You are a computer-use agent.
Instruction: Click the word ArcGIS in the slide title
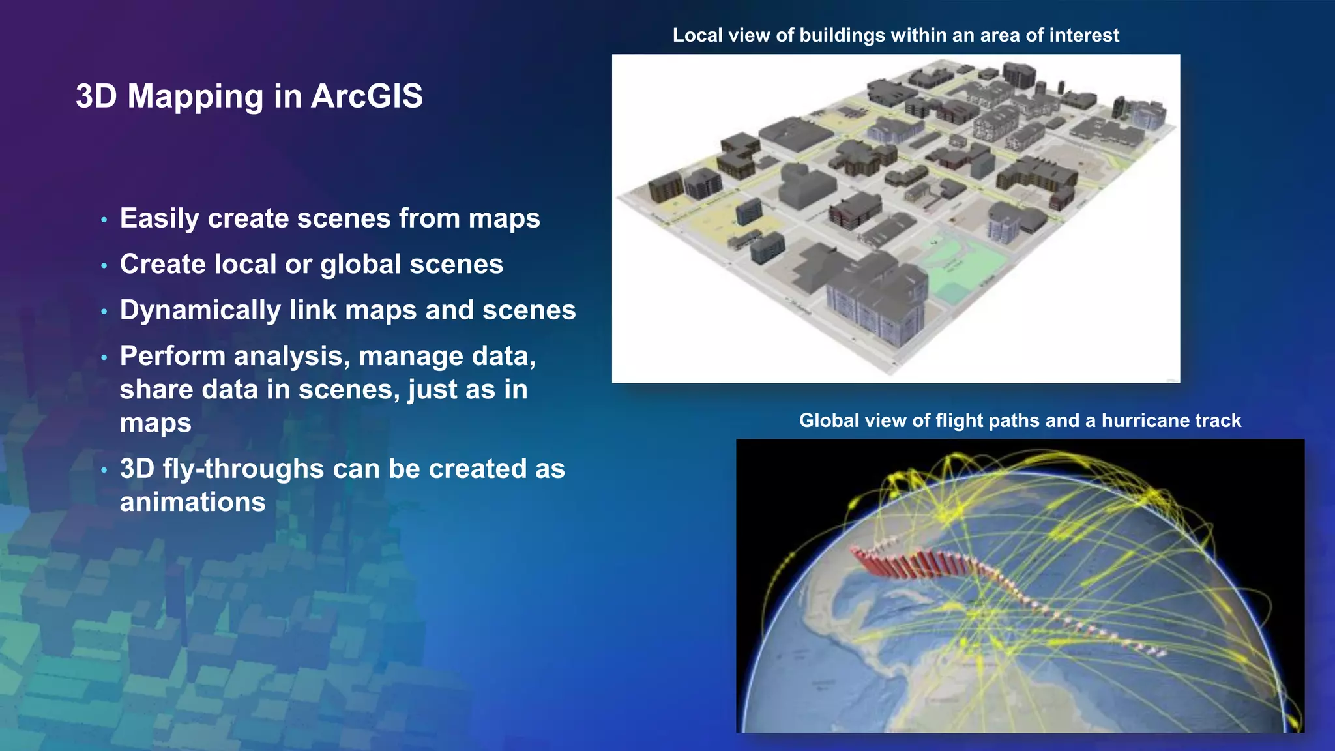click(x=367, y=96)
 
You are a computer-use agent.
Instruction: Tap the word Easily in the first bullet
click(x=159, y=219)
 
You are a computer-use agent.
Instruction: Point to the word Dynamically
click(x=200, y=311)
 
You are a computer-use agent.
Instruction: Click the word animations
click(x=193, y=502)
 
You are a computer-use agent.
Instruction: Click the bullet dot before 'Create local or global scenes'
click(x=104, y=266)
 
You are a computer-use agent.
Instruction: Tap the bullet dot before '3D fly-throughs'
click(x=104, y=470)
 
